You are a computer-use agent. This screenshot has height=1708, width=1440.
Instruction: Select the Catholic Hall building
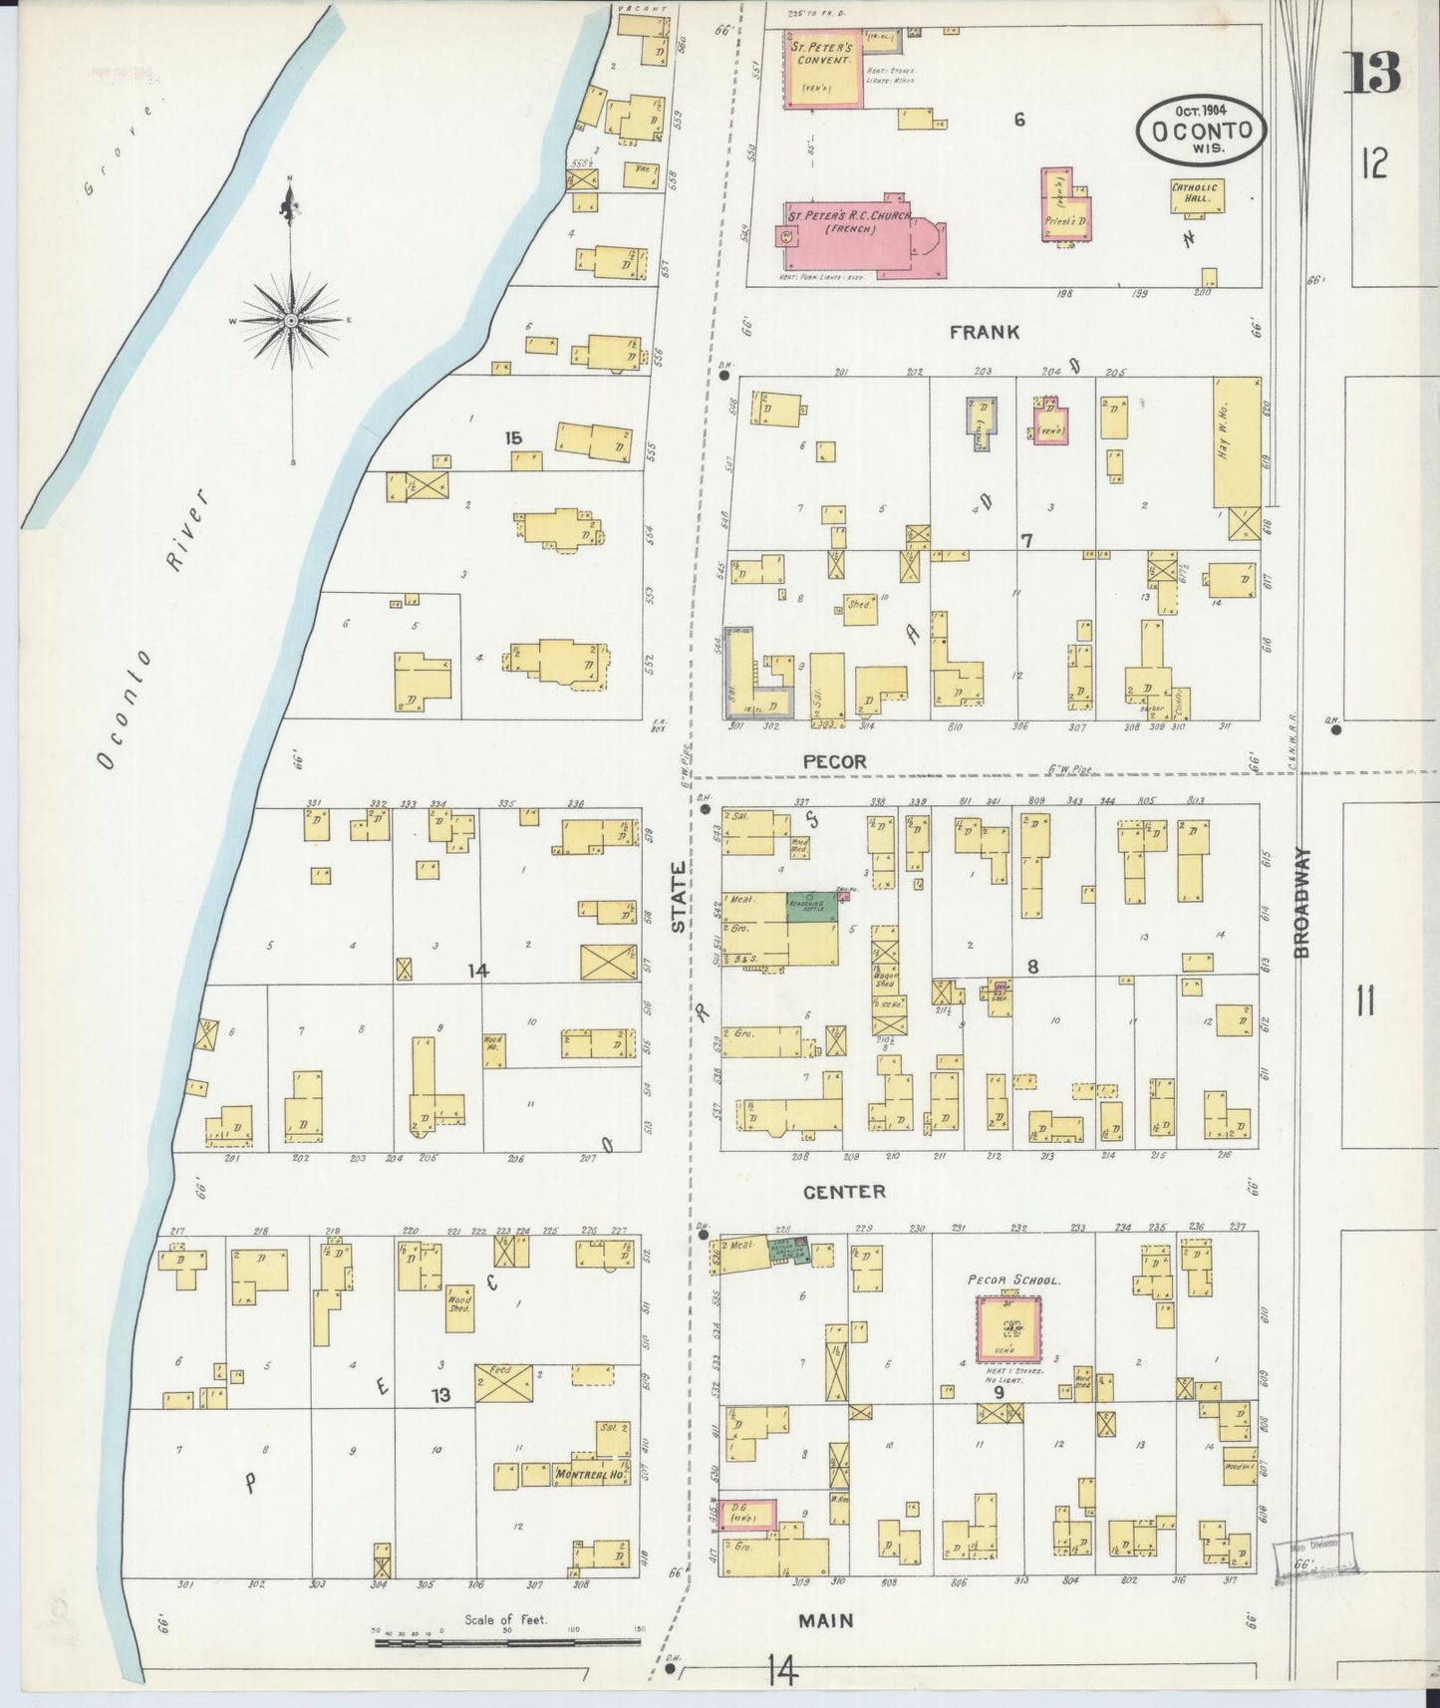click(1196, 195)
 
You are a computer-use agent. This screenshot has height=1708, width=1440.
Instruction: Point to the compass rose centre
click(290, 321)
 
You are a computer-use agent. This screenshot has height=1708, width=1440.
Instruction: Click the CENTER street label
click(844, 1191)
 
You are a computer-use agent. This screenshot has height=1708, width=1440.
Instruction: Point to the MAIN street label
click(826, 1620)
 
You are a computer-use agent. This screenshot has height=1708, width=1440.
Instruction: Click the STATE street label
click(679, 897)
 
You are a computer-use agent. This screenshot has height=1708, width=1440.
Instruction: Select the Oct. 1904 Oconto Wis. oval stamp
click(1203, 130)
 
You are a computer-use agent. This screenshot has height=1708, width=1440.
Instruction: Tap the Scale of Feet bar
click(506, 1640)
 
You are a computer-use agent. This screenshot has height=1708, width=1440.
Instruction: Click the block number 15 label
click(513, 437)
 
